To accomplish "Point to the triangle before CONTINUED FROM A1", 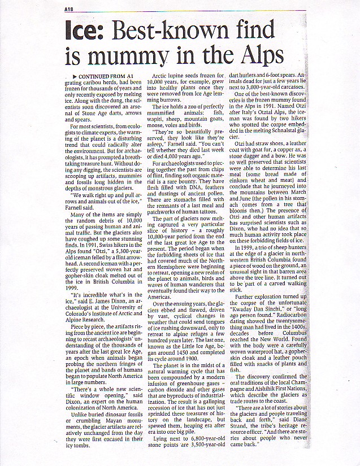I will coord(75,76).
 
